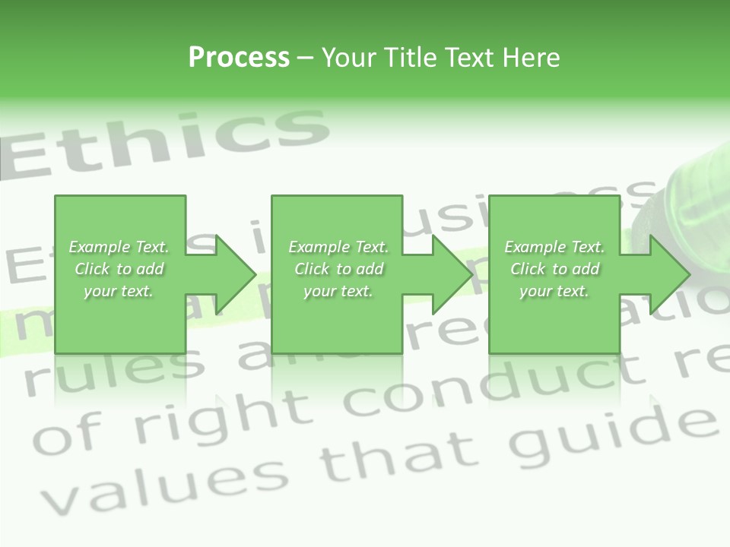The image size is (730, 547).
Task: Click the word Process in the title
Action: [239, 58]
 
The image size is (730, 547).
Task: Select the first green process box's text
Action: [119, 269]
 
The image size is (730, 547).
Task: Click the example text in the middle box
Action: [338, 269]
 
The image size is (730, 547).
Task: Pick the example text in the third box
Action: [554, 269]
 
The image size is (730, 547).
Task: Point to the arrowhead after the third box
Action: [668, 274]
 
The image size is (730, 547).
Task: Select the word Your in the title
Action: [349, 58]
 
